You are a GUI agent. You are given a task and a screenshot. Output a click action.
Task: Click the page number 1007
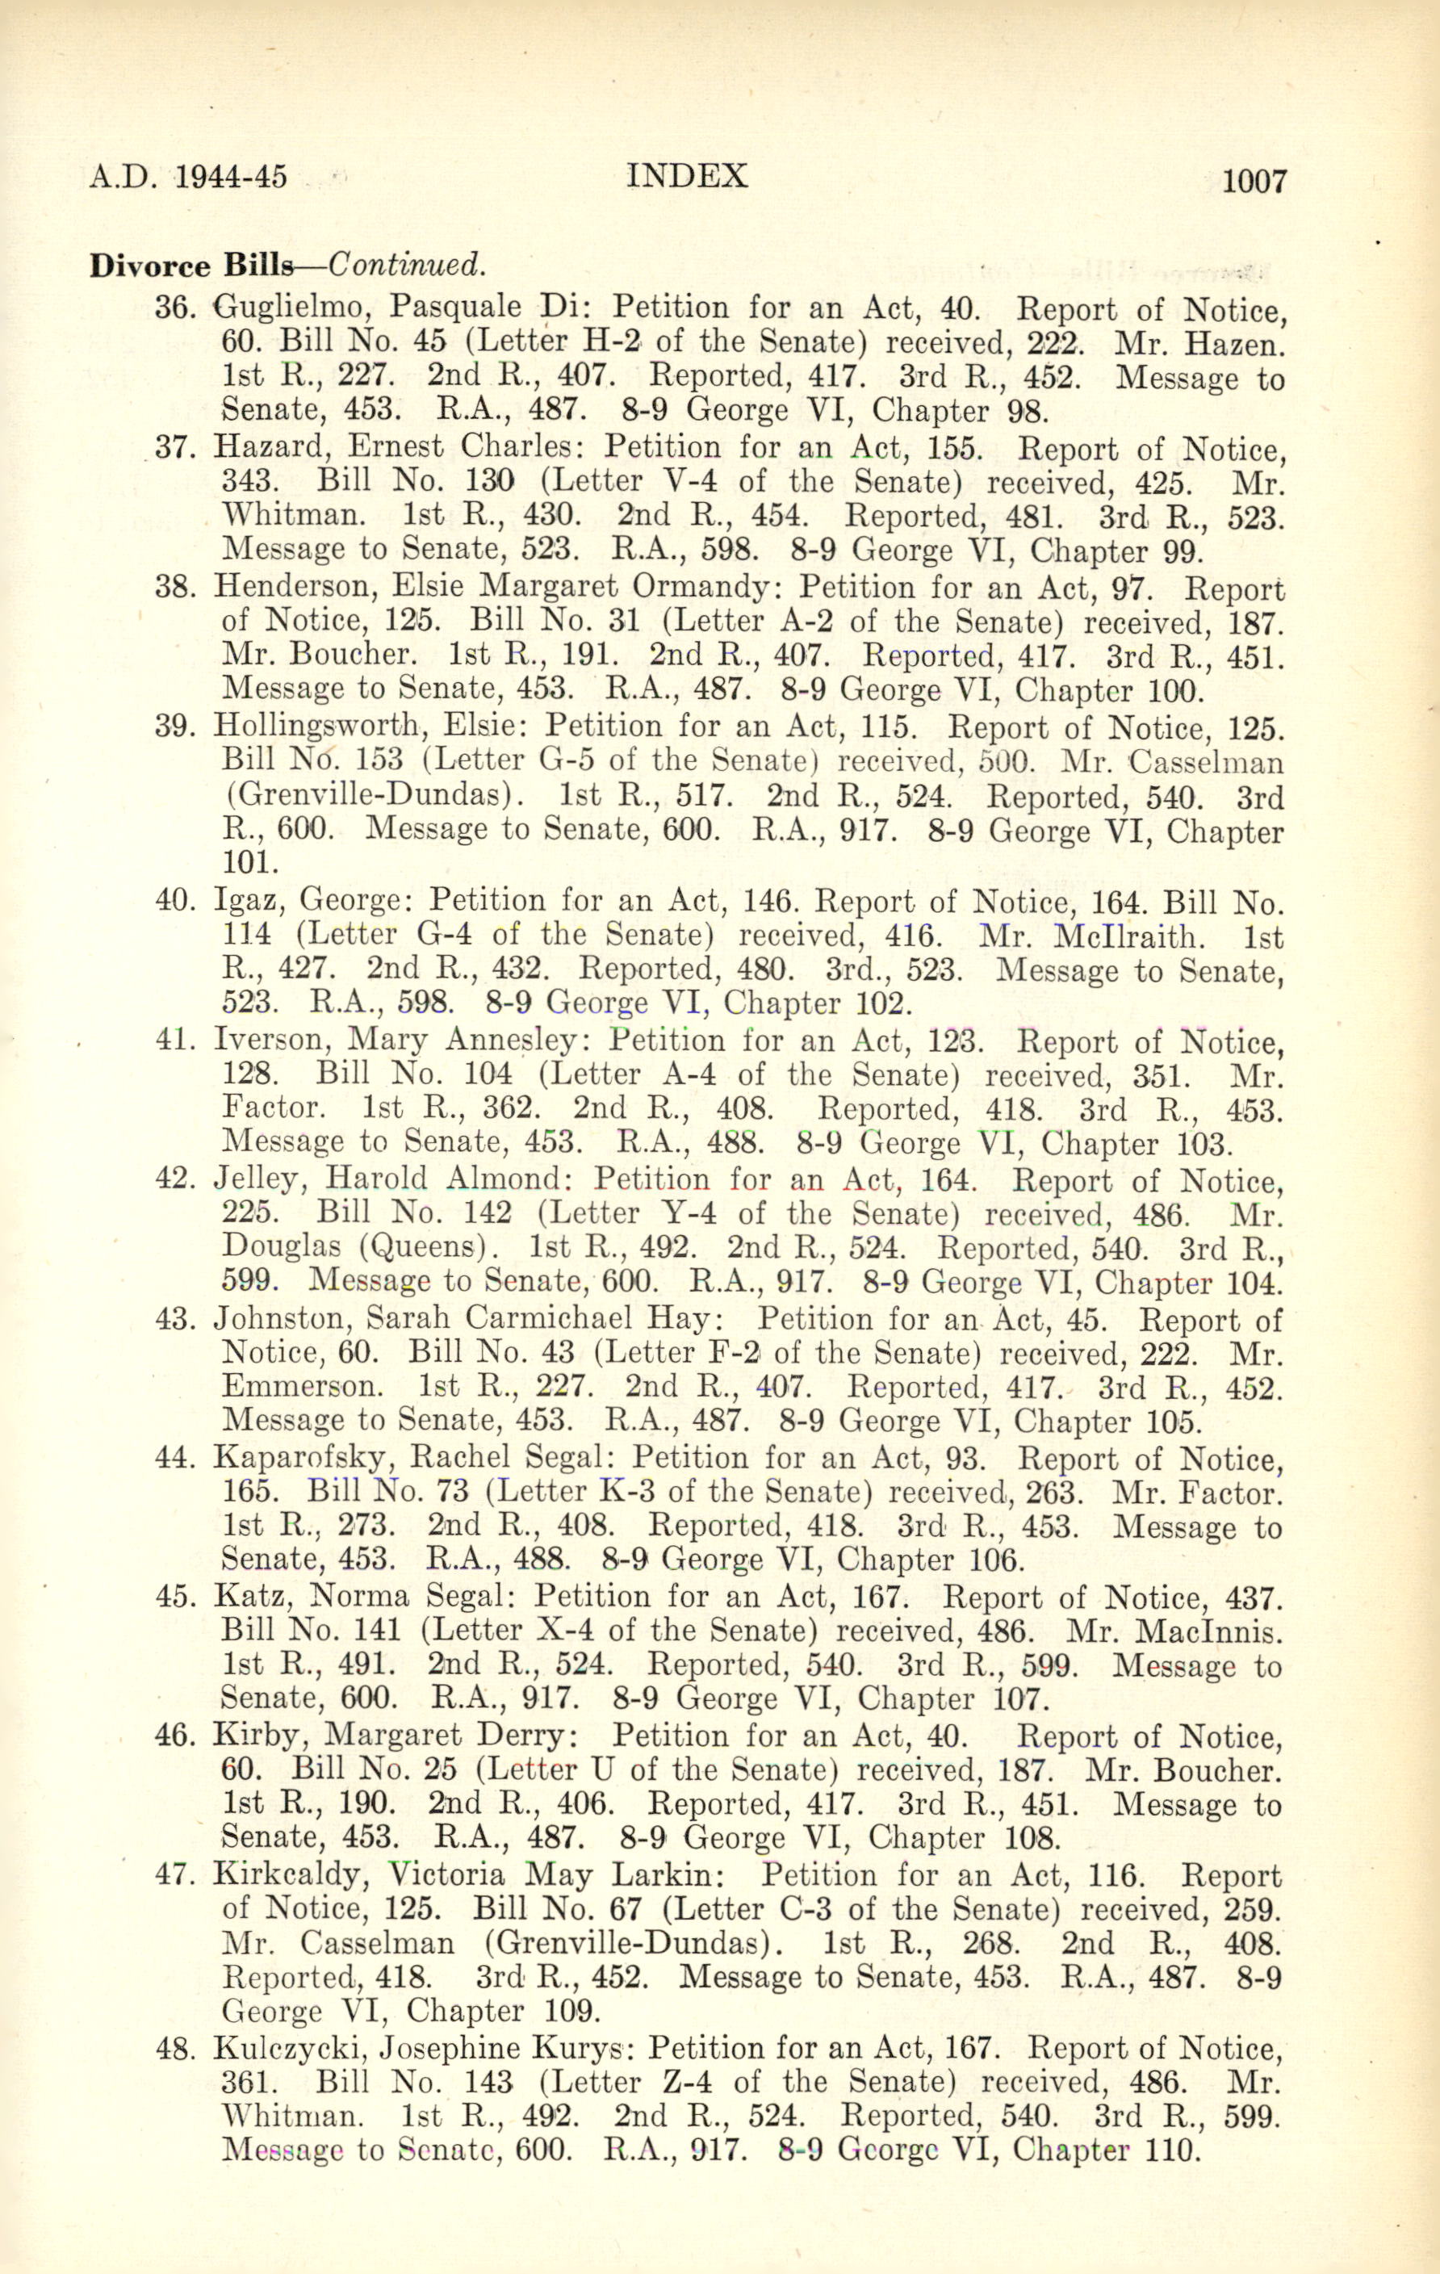(1255, 179)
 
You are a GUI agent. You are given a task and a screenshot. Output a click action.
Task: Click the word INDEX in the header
(688, 176)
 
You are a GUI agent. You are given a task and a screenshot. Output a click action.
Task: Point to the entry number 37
(173, 448)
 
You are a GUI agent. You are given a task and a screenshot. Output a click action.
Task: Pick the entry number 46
(173, 1736)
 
